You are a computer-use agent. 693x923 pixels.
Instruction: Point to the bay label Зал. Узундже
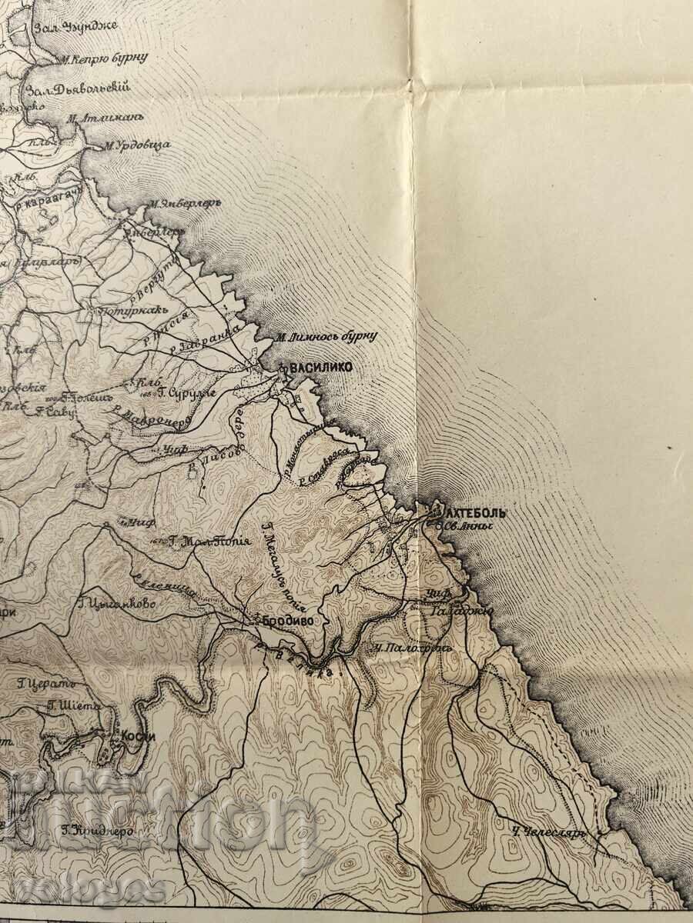75,25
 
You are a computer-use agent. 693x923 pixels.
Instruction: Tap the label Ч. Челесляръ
550,832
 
